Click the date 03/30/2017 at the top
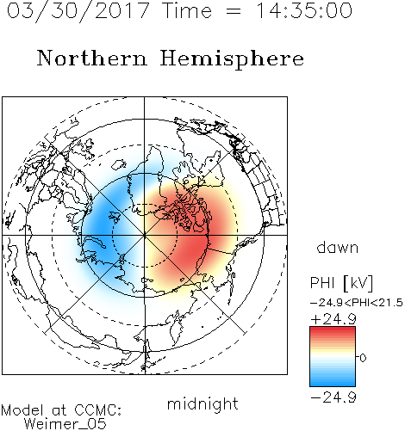coord(78,11)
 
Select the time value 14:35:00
coord(304,10)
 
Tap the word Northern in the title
coord(92,58)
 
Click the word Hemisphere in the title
coord(232,58)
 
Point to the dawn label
coord(338,248)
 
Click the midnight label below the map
coord(202,404)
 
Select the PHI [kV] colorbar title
coord(341,283)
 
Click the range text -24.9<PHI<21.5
coord(357,303)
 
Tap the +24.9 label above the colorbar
coord(333,319)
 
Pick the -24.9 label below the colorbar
coord(333,397)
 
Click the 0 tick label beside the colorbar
coord(363,358)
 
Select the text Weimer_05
coord(65,424)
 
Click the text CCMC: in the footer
coord(98,410)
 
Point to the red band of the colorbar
coord(333,334)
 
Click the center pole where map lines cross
coord(145,236)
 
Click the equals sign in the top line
coord(234,11)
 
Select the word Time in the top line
coord(187,10)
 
